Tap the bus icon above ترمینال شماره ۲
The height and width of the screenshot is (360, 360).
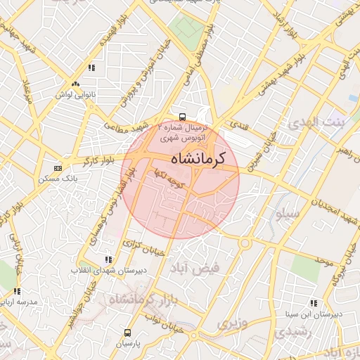coord(182,117)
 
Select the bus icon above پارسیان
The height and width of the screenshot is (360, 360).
coord(127,333)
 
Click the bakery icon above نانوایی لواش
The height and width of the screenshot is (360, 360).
coord(91,67)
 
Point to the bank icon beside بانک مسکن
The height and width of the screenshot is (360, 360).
coord(58,169)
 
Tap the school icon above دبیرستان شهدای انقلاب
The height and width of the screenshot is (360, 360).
coord(108,259)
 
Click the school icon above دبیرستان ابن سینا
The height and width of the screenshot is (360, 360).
coord(313,303)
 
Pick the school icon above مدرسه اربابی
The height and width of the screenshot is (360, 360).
coord(17,290)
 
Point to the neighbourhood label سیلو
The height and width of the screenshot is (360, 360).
coord(288,212)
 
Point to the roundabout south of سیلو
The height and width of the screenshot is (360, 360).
coord(245,243)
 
